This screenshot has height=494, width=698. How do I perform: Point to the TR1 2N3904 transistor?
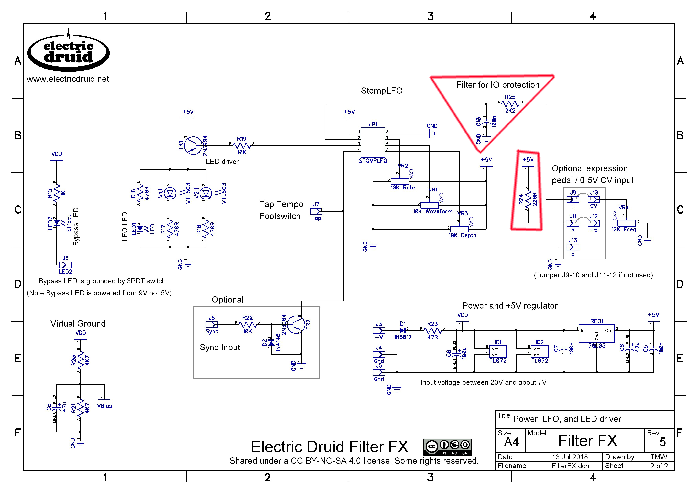[x=193, y=145]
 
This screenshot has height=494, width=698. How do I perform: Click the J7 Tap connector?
[x=316, y=211]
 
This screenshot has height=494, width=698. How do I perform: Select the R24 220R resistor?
[x=528, y=199]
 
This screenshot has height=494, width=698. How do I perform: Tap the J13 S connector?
[x=573, y=247]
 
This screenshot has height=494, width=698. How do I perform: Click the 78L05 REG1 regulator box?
[x=596, y=333]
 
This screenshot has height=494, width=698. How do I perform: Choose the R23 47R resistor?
[x=432, y=330]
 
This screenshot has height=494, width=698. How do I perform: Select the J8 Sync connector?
[x=212, y=325]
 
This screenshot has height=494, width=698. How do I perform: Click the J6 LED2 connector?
[x=65, y=265]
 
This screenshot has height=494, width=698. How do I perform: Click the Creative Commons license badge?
[x=447, y=446]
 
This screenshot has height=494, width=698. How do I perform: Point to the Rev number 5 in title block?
[x=662, y=442]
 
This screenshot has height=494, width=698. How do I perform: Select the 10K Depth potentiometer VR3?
[x=459, y=229]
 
